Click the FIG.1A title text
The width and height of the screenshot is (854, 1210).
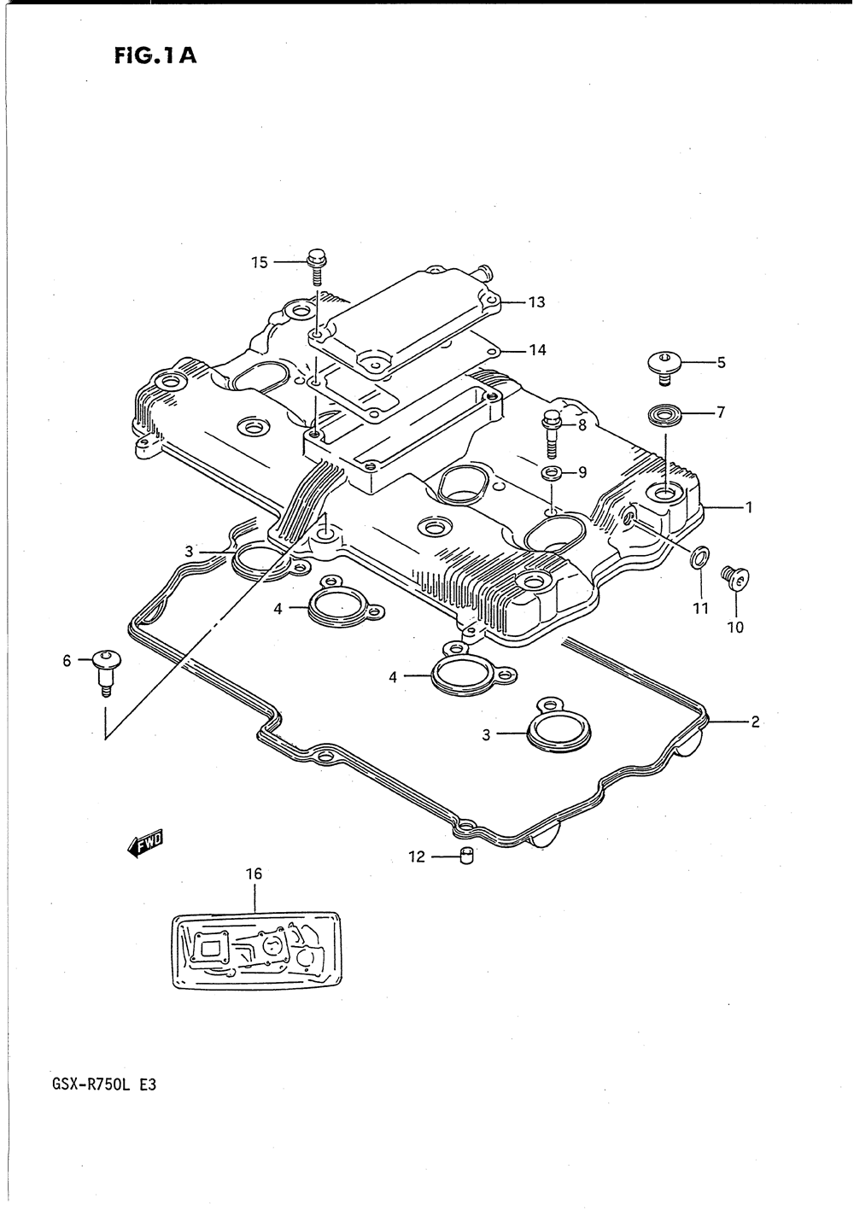[155, 56]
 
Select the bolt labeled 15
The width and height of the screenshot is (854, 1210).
[316, 266]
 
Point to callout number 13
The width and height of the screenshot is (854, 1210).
[537, 302]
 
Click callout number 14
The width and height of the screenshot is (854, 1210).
[537, 350]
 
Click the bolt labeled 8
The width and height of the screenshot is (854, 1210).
[552, 434]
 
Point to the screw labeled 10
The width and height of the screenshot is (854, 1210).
[734, 577]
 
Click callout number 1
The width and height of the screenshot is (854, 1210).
[749, 507]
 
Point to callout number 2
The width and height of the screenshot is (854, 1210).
[755, 722]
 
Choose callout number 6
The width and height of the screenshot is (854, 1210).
[67, 661]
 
